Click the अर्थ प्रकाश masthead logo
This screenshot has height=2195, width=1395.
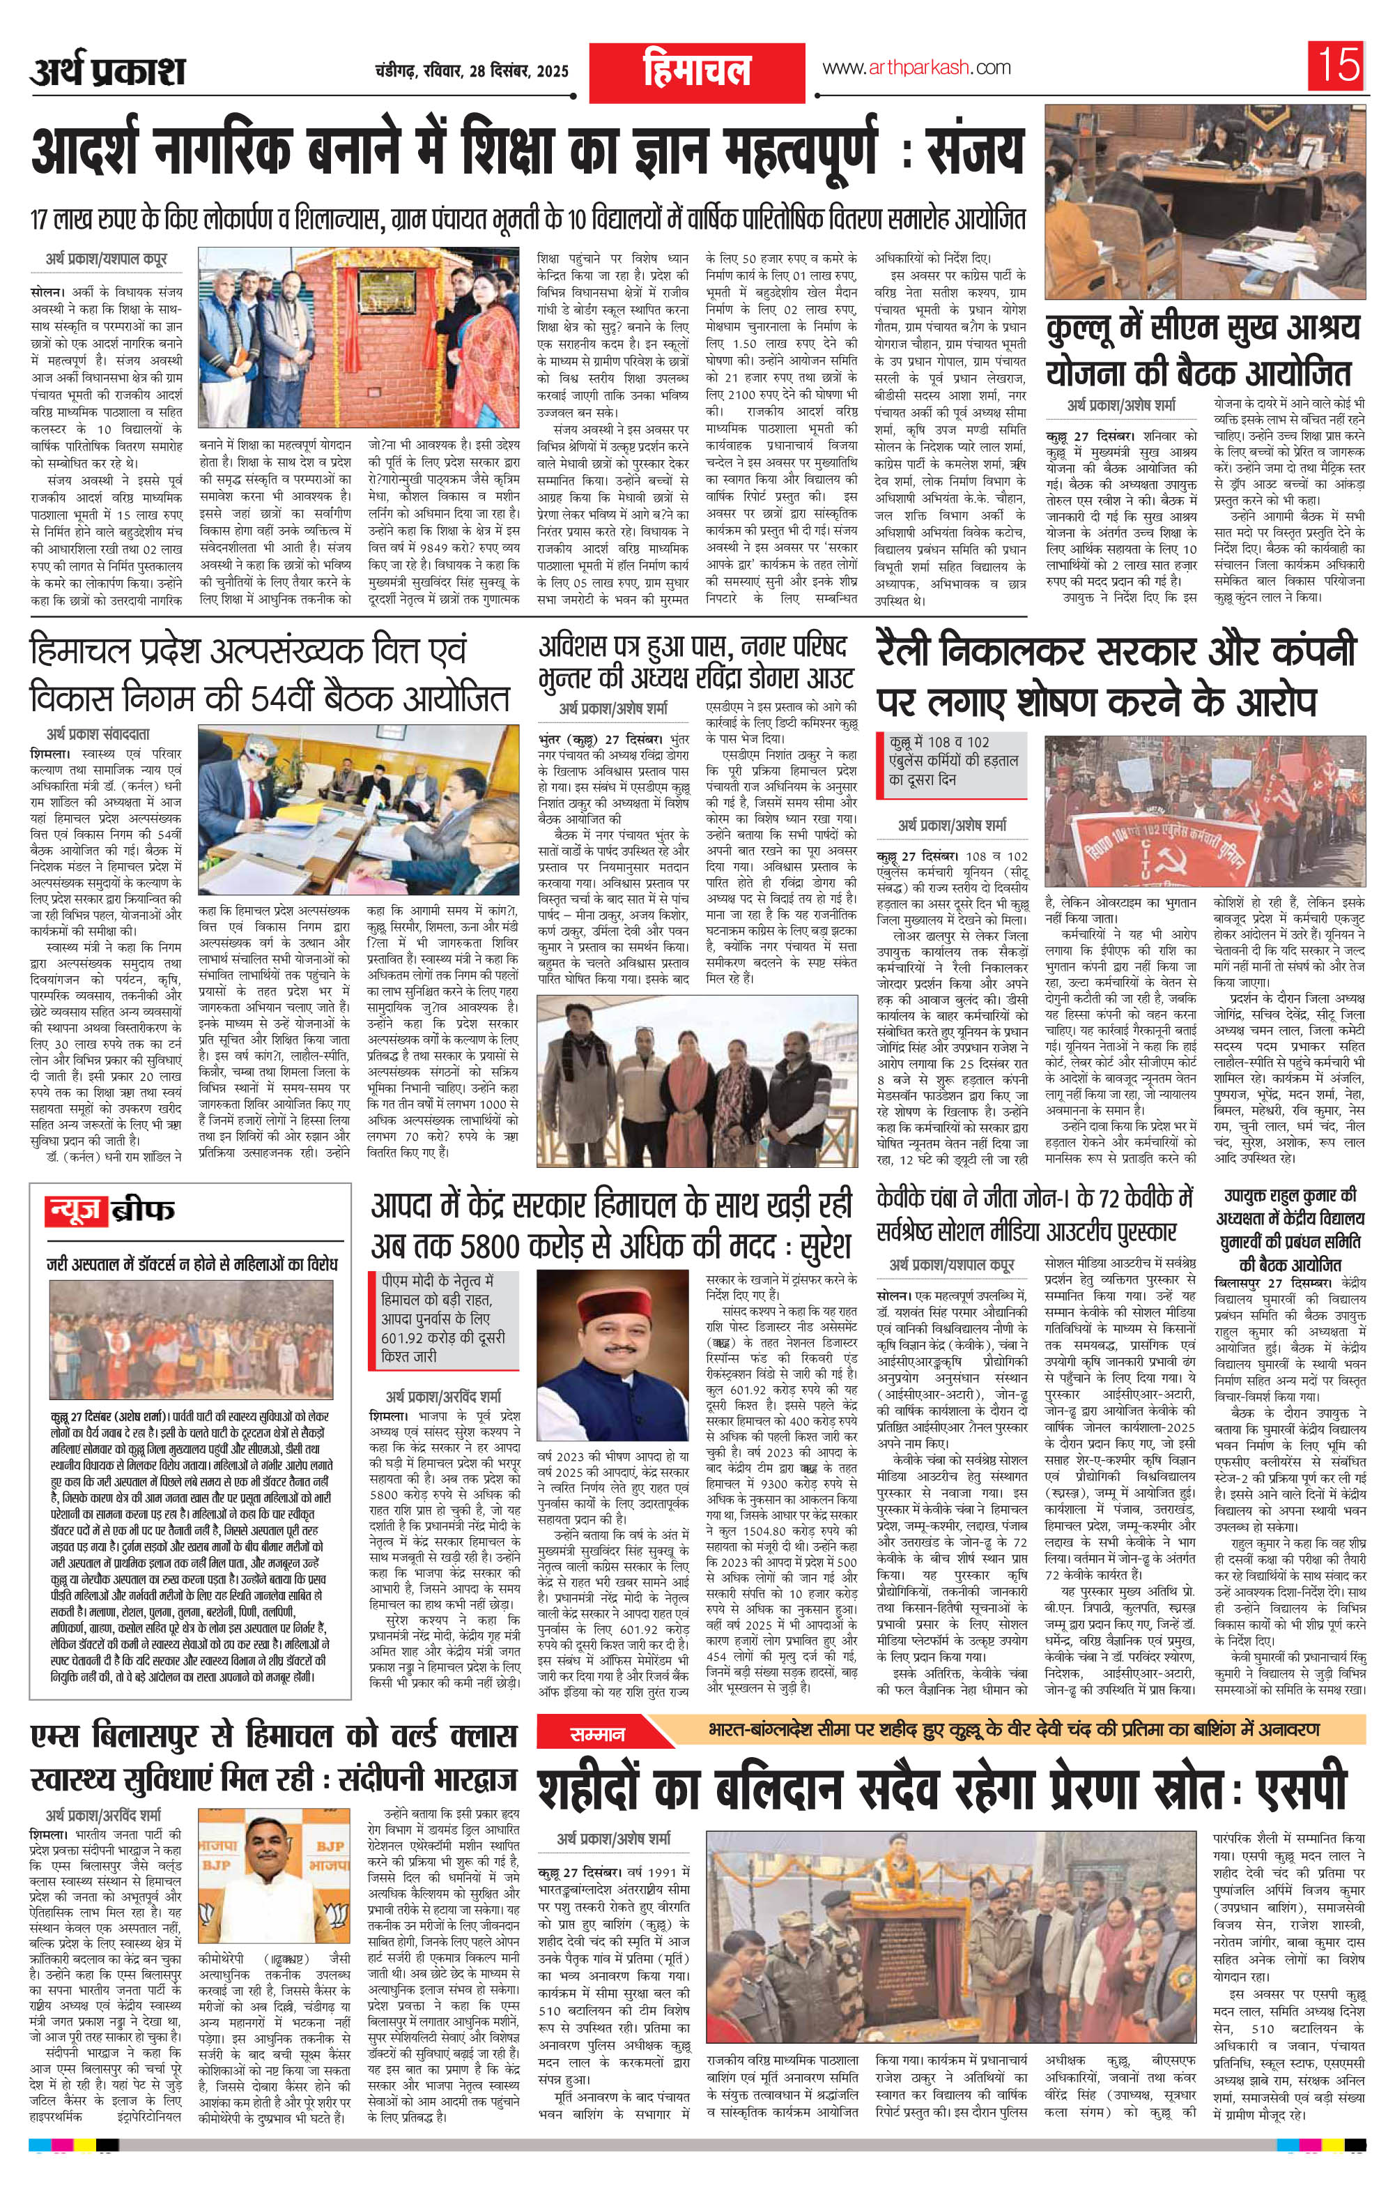(x=107, y=72)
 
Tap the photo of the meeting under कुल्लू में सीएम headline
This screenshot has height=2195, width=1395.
(x=1205, y=202)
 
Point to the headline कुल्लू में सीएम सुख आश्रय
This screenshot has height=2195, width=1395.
(x=1203, y=348)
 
